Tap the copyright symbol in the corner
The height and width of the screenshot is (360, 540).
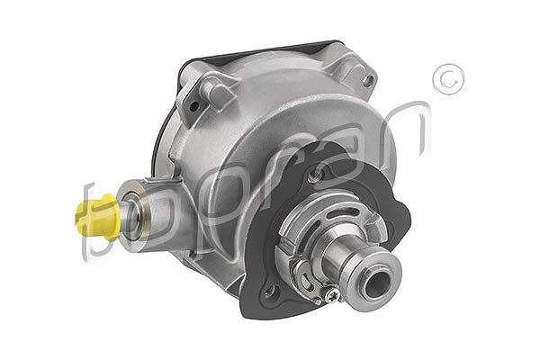click(x=449, y=79)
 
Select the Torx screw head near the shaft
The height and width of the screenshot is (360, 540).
click(x=333, y=295)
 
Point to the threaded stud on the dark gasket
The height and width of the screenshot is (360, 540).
click(x=312, y=176)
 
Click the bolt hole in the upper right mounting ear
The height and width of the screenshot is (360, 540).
click(x=368, y=81)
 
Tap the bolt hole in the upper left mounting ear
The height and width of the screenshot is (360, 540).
click(x=193, y=107)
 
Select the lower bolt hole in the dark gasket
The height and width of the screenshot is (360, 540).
click(x=271, y=292)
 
